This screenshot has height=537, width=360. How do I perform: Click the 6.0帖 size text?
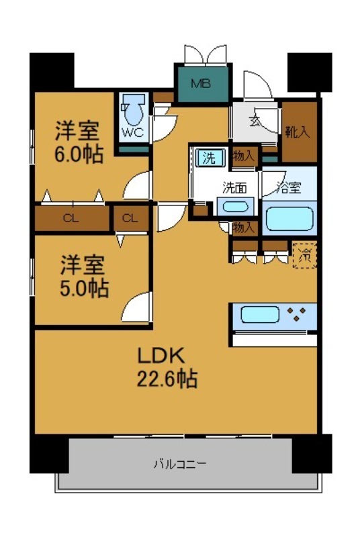[79, 155]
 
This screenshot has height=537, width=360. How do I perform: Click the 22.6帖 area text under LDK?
[168, 379]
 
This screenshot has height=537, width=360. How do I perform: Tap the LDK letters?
[161, 355]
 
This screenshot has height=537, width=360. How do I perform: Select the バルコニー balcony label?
[179, 463]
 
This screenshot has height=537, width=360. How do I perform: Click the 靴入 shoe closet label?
[298, 131]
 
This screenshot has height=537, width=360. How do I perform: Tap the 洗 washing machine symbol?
[210, 158]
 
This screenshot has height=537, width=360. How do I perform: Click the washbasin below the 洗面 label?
[236, 207]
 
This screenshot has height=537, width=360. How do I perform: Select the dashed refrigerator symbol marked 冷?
[304, 254]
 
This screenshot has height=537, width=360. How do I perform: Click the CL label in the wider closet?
[69, 218]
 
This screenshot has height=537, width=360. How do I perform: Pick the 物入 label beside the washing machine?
[243, 157]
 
